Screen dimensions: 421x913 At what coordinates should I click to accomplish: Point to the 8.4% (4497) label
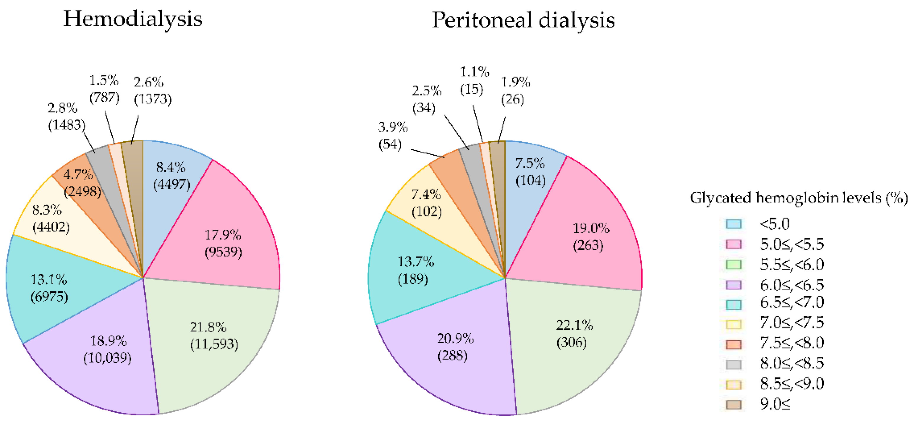click(x=171, y=175)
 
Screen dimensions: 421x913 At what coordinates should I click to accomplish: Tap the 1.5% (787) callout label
click(x=104, y=89)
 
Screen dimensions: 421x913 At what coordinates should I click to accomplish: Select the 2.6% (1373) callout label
click(x=152, y=90)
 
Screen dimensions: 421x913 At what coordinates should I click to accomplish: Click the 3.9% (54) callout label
click(x=392, y=135)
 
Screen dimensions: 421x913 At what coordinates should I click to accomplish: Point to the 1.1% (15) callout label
click(x=474, y=80)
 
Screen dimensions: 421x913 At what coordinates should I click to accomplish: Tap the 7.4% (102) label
click(x=426, y=203)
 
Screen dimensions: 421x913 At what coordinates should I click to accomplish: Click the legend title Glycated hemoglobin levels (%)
click(x=799, y=198)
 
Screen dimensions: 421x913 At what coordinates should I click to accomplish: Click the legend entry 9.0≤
click(x=775, y=404)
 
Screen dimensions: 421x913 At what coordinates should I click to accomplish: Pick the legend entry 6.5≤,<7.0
click(x=791, y=302)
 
